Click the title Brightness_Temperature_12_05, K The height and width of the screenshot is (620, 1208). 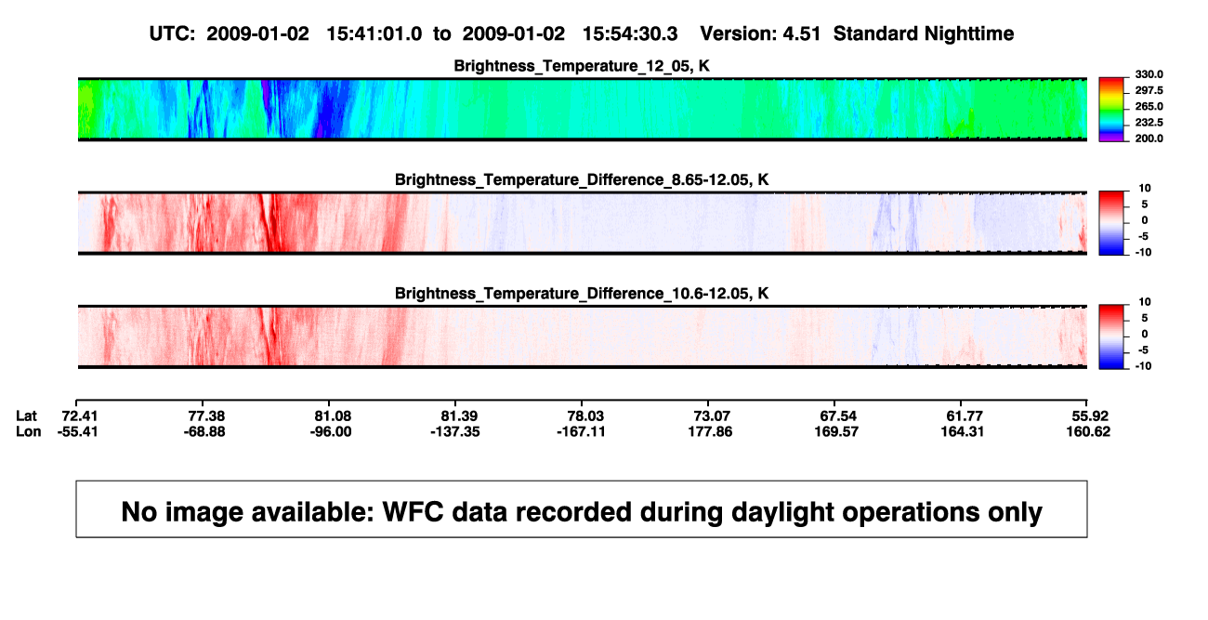582,66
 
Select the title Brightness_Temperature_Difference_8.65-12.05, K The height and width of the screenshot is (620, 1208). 582,179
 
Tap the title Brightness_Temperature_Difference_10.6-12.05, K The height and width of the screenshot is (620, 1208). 582,294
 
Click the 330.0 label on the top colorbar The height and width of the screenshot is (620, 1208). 1149,74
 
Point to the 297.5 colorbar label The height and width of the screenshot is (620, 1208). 1149,90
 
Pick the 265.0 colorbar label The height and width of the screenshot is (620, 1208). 1149,106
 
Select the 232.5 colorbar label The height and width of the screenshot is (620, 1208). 1149,123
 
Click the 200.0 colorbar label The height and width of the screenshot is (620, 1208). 1149,139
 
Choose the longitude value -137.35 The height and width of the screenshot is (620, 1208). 455,431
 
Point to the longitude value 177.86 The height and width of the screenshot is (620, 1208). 710,431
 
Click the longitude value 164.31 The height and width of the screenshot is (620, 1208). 963,431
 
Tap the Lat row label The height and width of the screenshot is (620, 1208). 26,416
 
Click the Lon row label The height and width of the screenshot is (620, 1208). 28,431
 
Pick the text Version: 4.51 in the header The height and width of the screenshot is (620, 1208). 760,33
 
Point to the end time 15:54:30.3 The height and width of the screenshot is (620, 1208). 630,33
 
